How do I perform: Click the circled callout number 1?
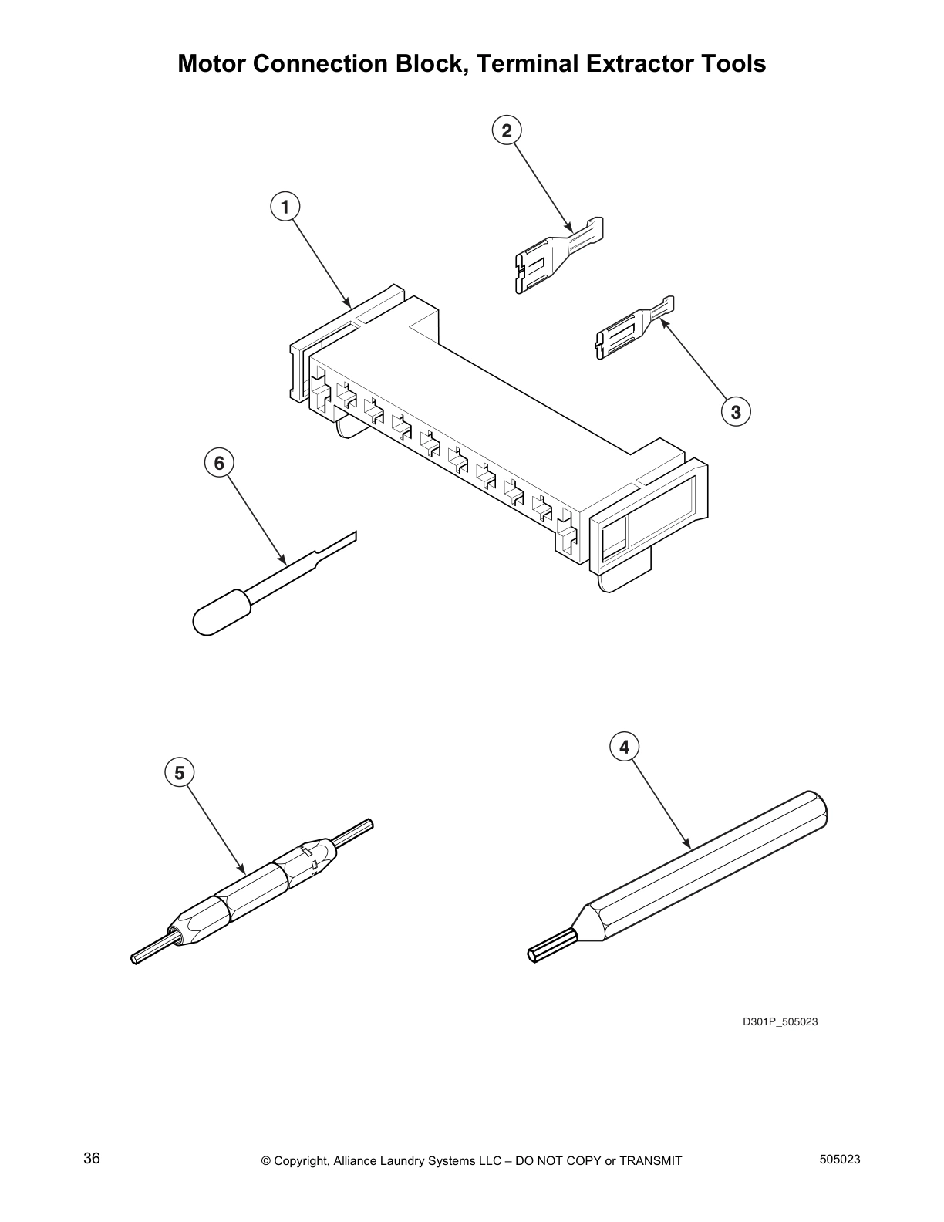285,207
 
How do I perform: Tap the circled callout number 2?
506,130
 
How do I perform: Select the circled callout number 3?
736,412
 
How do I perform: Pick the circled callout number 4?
624,747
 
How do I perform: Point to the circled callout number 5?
179,772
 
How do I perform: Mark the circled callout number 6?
219,463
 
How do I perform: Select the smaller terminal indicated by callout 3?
629,327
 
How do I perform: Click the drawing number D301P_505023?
780,1022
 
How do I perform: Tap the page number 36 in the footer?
92,1159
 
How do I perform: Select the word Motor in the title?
211,63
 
